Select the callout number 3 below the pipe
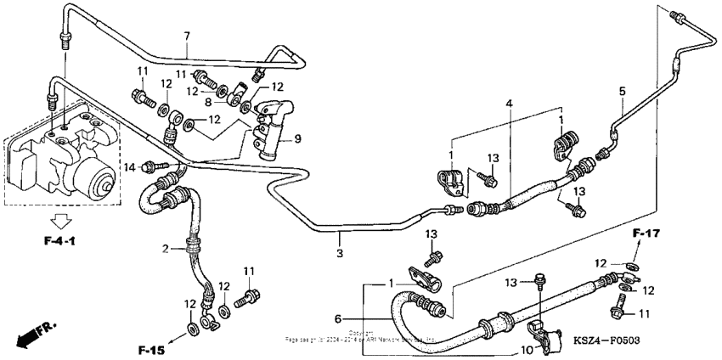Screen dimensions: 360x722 (339, 253)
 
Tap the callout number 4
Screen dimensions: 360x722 (509, 104)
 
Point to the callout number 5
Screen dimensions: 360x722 (622, 91)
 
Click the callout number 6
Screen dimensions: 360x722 (338, 318)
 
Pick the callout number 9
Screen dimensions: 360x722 (297, 138)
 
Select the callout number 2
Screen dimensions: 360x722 (166, 248)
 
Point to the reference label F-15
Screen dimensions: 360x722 (152, 349)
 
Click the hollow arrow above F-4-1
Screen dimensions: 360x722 (60, 222)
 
